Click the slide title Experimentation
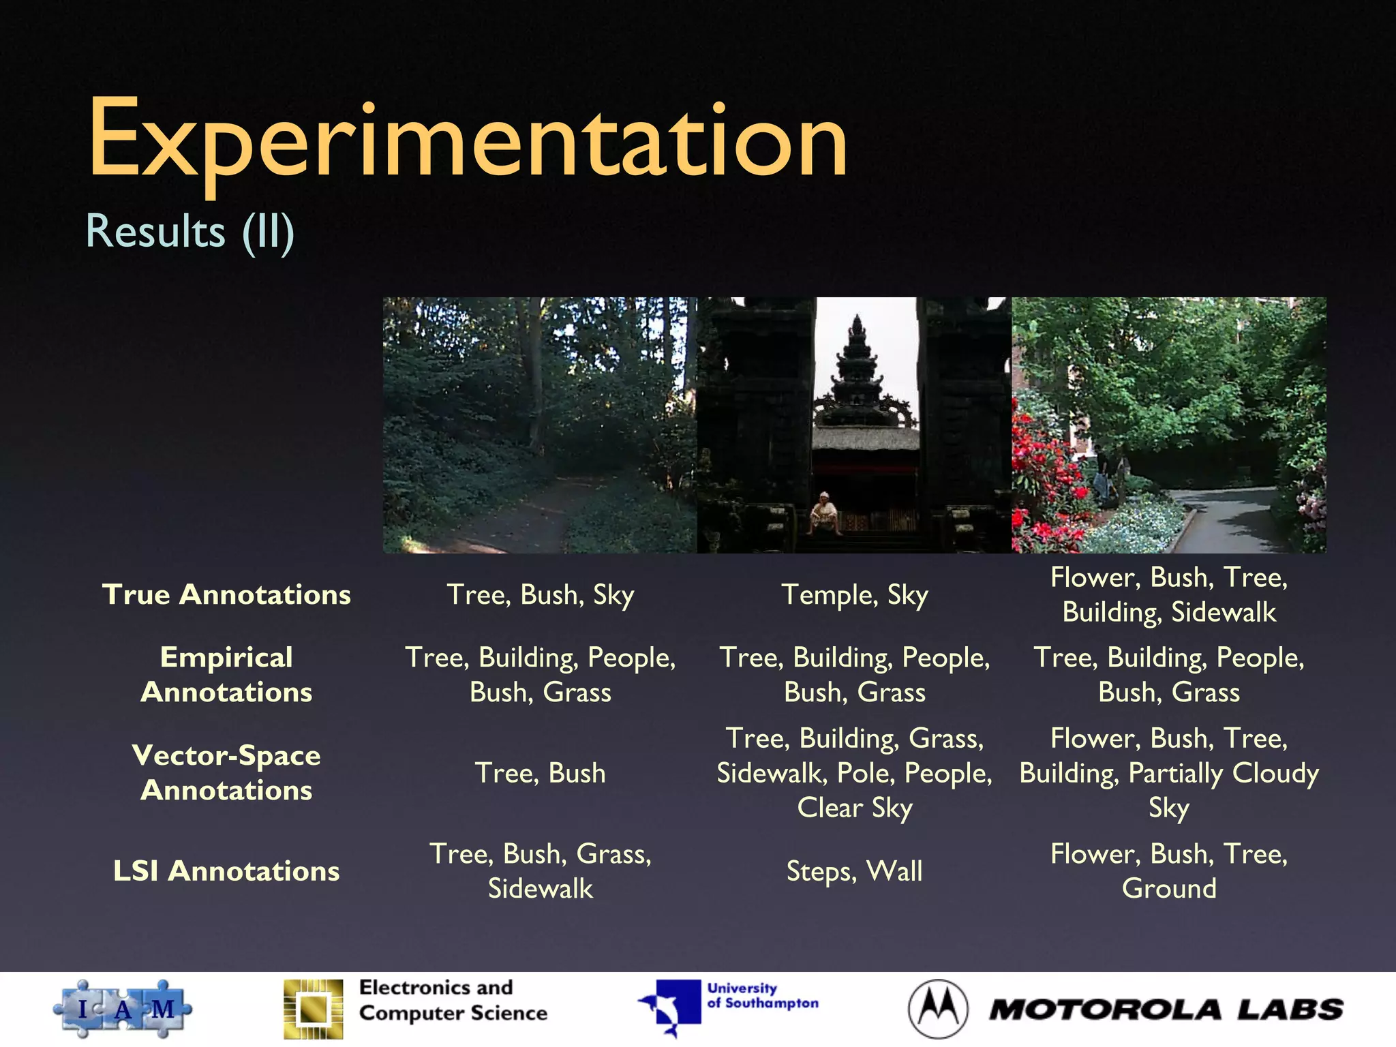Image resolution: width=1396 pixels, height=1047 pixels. coord(468,140)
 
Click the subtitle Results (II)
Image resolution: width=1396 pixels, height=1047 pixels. coord(190,231)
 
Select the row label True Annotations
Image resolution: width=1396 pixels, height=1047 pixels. coord(226,594)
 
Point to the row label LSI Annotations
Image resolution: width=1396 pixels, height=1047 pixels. coord(226,871)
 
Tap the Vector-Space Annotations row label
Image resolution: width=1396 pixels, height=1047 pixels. coord(226,772)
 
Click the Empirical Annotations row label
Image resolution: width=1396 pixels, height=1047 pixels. coord(226,675)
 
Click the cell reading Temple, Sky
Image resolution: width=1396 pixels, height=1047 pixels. coord(854,595)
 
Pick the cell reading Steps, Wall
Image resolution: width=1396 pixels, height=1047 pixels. coord(854,871)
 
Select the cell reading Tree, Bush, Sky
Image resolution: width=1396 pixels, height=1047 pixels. coord(540,595)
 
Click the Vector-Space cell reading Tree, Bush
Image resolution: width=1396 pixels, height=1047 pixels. coord(540,773)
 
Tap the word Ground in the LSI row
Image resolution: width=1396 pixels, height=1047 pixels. coord(1169,889)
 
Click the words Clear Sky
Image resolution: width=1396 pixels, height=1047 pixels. coord(854,808)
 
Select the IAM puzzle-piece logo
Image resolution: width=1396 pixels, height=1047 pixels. coord(123,1009)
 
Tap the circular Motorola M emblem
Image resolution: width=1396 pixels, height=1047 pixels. coord(938,1009)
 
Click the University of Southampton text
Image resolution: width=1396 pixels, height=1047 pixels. coord(762,996)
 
